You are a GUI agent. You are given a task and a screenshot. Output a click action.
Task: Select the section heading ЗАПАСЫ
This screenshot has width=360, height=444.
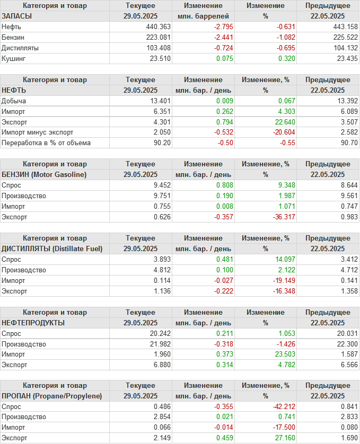[x=17, y=16]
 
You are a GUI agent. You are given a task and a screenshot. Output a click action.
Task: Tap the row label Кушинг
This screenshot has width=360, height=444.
[x=14, y=58]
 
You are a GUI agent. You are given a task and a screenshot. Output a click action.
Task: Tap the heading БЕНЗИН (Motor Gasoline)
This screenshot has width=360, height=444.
[x=45, y=174]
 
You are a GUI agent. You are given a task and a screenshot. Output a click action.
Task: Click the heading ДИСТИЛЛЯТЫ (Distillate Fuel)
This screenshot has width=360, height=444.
[x=52, y=248]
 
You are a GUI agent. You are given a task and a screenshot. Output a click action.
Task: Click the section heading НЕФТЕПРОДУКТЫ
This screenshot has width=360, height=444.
[x=33, y=323]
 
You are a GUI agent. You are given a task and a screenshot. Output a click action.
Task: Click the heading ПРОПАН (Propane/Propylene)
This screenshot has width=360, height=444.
[x=52, y=396]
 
